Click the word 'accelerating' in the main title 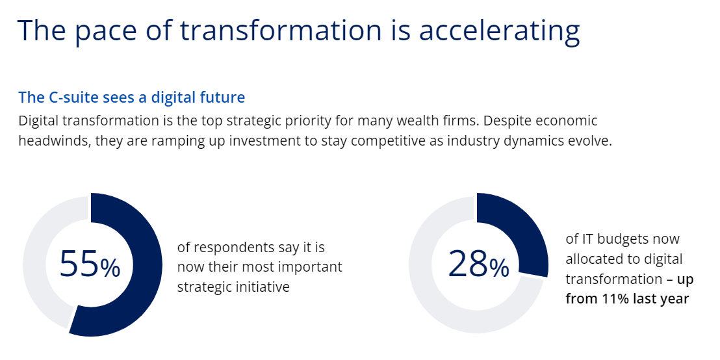point(499,31)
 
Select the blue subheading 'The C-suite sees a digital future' point(132,97)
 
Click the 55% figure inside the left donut point(90,264)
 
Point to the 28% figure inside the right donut point(478,264)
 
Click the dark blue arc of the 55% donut point(149,264)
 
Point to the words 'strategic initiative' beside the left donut point(233,287)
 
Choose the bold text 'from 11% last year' point(627,299)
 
